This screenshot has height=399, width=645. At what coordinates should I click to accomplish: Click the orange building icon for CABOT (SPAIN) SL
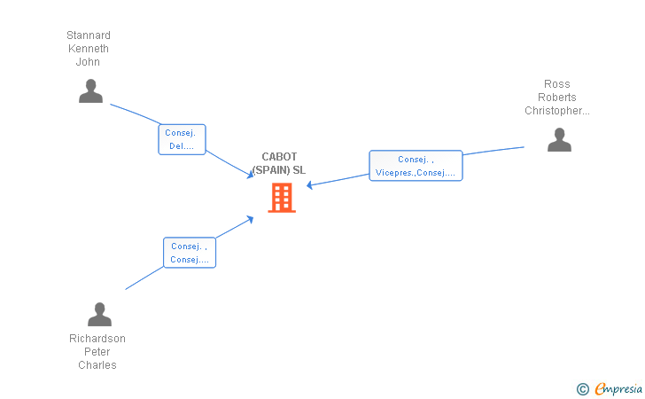pyautogui.click(x=282, y=198)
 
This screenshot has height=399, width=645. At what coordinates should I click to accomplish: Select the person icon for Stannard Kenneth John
pyautogui.click(x=90, y=91)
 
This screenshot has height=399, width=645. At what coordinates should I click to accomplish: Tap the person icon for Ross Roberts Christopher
pyautogui.click(x=559, y=139)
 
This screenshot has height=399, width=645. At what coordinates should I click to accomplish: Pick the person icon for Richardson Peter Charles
pyautogui.click(x=99, y=314)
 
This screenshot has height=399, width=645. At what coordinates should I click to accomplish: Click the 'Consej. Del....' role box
pyautogui.click(x=182, y=139)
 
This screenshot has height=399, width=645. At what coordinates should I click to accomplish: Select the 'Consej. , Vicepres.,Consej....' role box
pyautogui.click(x=416, y=166)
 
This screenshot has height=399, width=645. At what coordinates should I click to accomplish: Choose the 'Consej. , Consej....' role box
pyautogui.click(x=190, y=253)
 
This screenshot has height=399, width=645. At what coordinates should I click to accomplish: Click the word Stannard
pyautogui.click(x=89, y=35)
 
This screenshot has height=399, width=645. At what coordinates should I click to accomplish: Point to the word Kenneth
pyautogui.click(x=89, y=49)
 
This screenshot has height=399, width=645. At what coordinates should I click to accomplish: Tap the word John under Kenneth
pyautogui.click(x=88, y=62)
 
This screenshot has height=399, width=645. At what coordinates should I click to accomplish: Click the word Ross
pyautogui.click(x=557, y=84)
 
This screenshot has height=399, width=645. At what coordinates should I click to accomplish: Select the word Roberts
pyautogui.click(x=557, y=98)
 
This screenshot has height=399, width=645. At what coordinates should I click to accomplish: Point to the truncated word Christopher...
pyautogui.click(x=557, y=111)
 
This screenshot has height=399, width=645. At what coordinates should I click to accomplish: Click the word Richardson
pyautogui.click(x=97, y=339)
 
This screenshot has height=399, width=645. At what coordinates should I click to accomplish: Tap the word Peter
pyautogui.click(x=97, y=352)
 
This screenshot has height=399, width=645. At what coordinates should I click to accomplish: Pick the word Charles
pyautogui.click(x=97, y=365)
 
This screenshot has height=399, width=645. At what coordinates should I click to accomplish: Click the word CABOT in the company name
pyautogui.click(x=279, y=157)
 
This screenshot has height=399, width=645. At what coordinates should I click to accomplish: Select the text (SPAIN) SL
pyautogui.click(x=279, y=170)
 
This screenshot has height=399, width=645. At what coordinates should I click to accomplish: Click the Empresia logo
pyautogui.click(x=618, y=388)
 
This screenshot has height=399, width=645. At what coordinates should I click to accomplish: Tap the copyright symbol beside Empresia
pyautogui.click(x=583, y=389)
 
